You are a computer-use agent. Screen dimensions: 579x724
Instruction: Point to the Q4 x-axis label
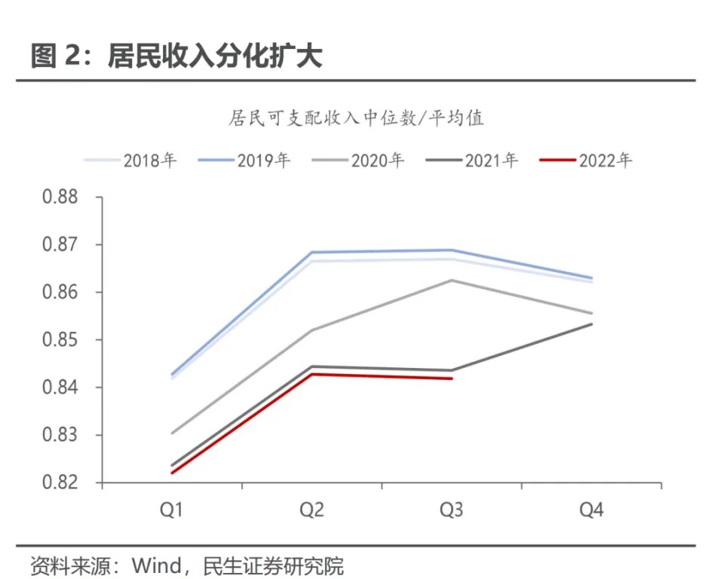pyautogui.click(x=591, y=511)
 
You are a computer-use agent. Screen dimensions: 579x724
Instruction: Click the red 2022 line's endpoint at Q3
pyautogui.click(x=451, y=378)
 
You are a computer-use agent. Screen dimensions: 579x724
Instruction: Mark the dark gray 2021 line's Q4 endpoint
pyautogui.click(x=591, y=324)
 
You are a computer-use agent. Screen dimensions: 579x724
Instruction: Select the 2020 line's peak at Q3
pyautogui.click(x=451, y=280)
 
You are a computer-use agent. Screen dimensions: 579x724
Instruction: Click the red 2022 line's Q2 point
pyautogui.click(x=311, y=374)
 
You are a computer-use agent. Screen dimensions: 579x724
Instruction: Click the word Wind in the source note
pyautogui.click(x=156, y=565)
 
